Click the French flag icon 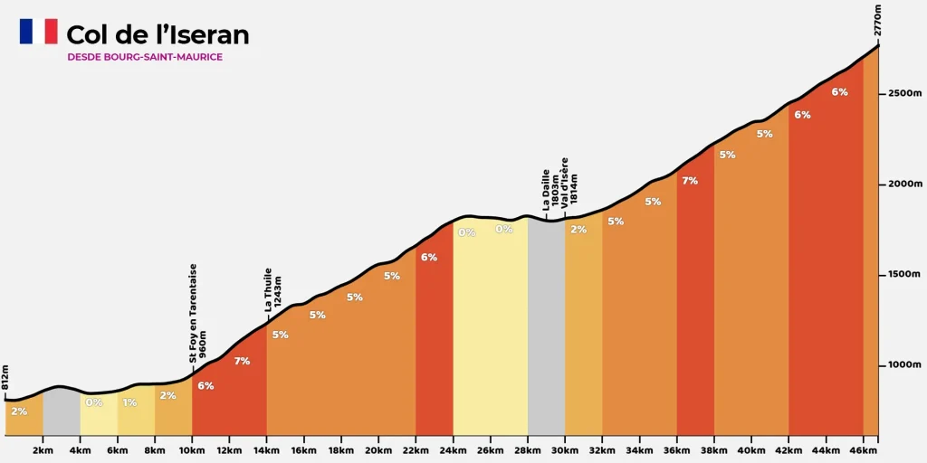click(x=38, y=32)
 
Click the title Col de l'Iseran click(x=158, y=35)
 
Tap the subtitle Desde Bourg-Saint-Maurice click(x=145, y=57)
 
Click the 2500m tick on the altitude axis click(x=904, y=93)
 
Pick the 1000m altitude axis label click(x=904, y=364)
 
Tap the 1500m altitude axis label click(x=904, y=274)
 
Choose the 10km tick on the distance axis click(x=192, y=449)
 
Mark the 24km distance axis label click(x=453, y=449)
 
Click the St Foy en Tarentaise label click(x=198, y=313)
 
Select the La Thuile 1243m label click(x=273, y=289)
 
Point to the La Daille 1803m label click(x=550, y=190)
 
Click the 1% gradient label click(x=130, y=402)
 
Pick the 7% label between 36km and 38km click(x=690, y=181)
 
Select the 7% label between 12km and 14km click(x=242, y=362)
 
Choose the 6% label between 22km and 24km click(x=429, y=257)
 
